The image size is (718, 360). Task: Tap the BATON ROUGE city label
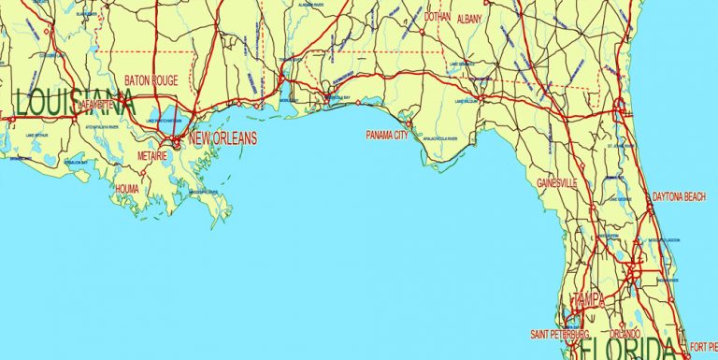coord(155,81)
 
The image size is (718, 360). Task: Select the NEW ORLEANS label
coord(222,139)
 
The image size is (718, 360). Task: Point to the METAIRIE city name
coord(151,155)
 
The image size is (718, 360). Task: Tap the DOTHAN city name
coord(437,17)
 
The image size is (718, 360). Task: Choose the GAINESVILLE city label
coord(557,182)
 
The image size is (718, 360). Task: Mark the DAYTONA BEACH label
coord(679,196)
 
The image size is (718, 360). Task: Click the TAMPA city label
coord(589,299)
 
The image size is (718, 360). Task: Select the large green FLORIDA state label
coord(625,351)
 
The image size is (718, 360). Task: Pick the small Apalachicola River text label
coord(438,137)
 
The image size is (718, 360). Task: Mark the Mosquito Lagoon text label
coord(661,240)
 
